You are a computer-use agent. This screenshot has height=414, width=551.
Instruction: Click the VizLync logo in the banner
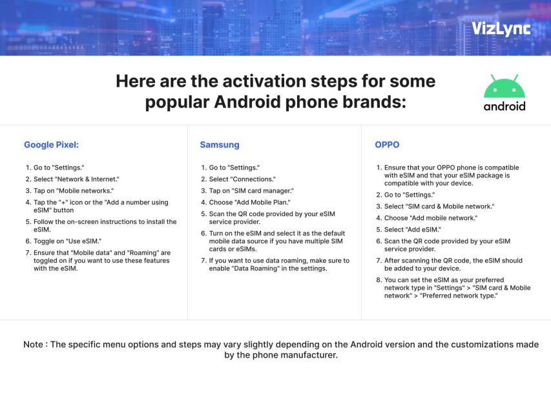point(501,28)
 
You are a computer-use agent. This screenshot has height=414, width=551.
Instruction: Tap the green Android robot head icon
point(504,87)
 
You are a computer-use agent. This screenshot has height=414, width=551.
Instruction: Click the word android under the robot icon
point(504,106)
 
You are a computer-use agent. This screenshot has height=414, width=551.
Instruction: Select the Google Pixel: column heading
point(51,145)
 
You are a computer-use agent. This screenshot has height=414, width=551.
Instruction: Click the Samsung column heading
point(219,145)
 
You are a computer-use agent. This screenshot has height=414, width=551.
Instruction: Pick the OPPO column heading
point(387,145)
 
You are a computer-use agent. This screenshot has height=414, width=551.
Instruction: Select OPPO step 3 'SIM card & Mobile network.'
point(439,206)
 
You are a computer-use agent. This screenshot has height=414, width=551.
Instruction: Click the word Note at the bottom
point(34,344)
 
